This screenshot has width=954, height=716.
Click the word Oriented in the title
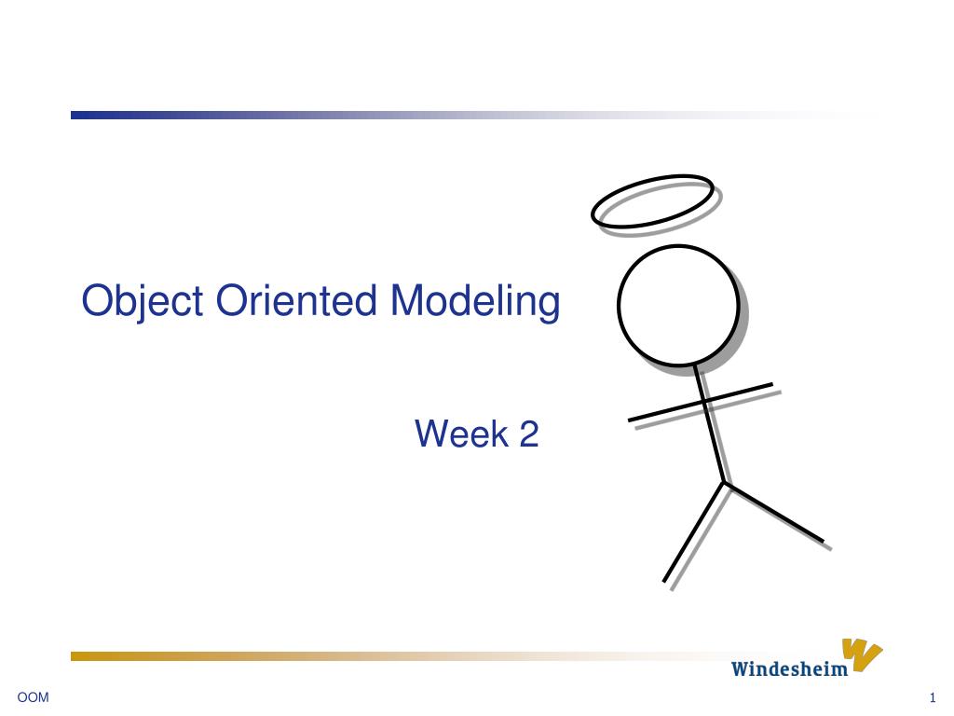(297, 300)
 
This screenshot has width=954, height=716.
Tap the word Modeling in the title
(475, 302)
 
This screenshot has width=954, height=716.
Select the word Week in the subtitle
(456, 434)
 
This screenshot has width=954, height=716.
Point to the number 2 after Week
(528, 434)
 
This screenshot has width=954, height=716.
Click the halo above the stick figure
(653, 200)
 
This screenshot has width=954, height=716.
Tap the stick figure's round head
(679, 305)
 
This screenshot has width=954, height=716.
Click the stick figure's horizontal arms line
(671, 409)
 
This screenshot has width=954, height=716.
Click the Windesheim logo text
(789, 668)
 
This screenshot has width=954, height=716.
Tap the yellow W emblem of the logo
(862, 654)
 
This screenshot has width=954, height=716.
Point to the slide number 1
(932, 698)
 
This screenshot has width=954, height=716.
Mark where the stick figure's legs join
(725, 483)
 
